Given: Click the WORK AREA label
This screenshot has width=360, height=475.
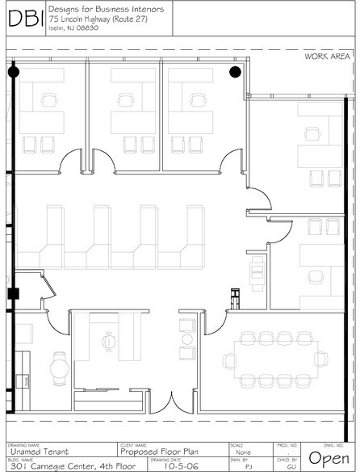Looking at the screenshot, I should pyautogui.click(x=327, y=56).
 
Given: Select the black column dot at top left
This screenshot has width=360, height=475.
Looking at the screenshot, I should pyautogui.click(x=13, y=72).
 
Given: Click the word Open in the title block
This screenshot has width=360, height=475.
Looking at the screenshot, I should pyautogui.click(x=329, y=457).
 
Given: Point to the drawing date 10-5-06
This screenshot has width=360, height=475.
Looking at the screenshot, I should pyautogui.click(x=179, y=466).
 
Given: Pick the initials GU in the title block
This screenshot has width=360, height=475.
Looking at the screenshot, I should pyautogui.click(x=293, y=467).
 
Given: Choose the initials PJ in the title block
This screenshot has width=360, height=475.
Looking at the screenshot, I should pyautogui.click(x=247, y=467).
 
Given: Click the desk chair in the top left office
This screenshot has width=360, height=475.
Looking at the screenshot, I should pyautogui.click(x=52, y=100).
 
